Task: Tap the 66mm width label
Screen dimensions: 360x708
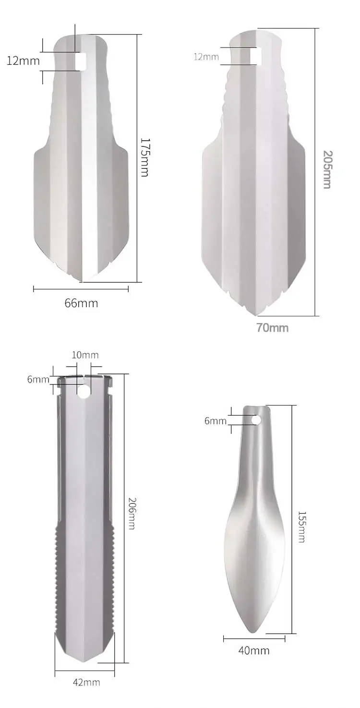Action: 81,303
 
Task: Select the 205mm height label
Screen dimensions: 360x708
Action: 327,169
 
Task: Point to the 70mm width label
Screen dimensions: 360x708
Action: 272,328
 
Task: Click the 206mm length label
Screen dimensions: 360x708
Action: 132,513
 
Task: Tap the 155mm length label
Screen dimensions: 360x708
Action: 301,527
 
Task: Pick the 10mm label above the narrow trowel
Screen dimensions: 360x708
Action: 85,355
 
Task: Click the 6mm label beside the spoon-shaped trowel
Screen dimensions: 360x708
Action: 215,420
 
